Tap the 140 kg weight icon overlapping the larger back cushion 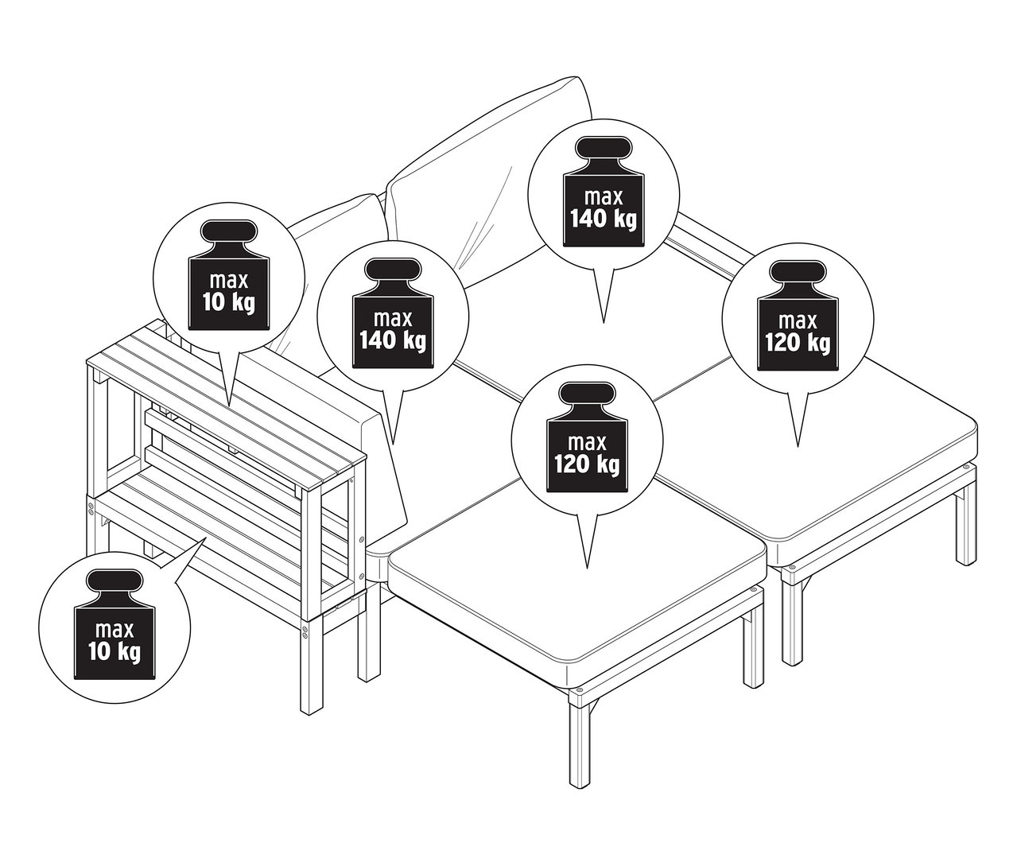pyautogui.click(x=604, y=193)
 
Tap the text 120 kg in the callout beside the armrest pyautogui.click(x=798, y=343)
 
